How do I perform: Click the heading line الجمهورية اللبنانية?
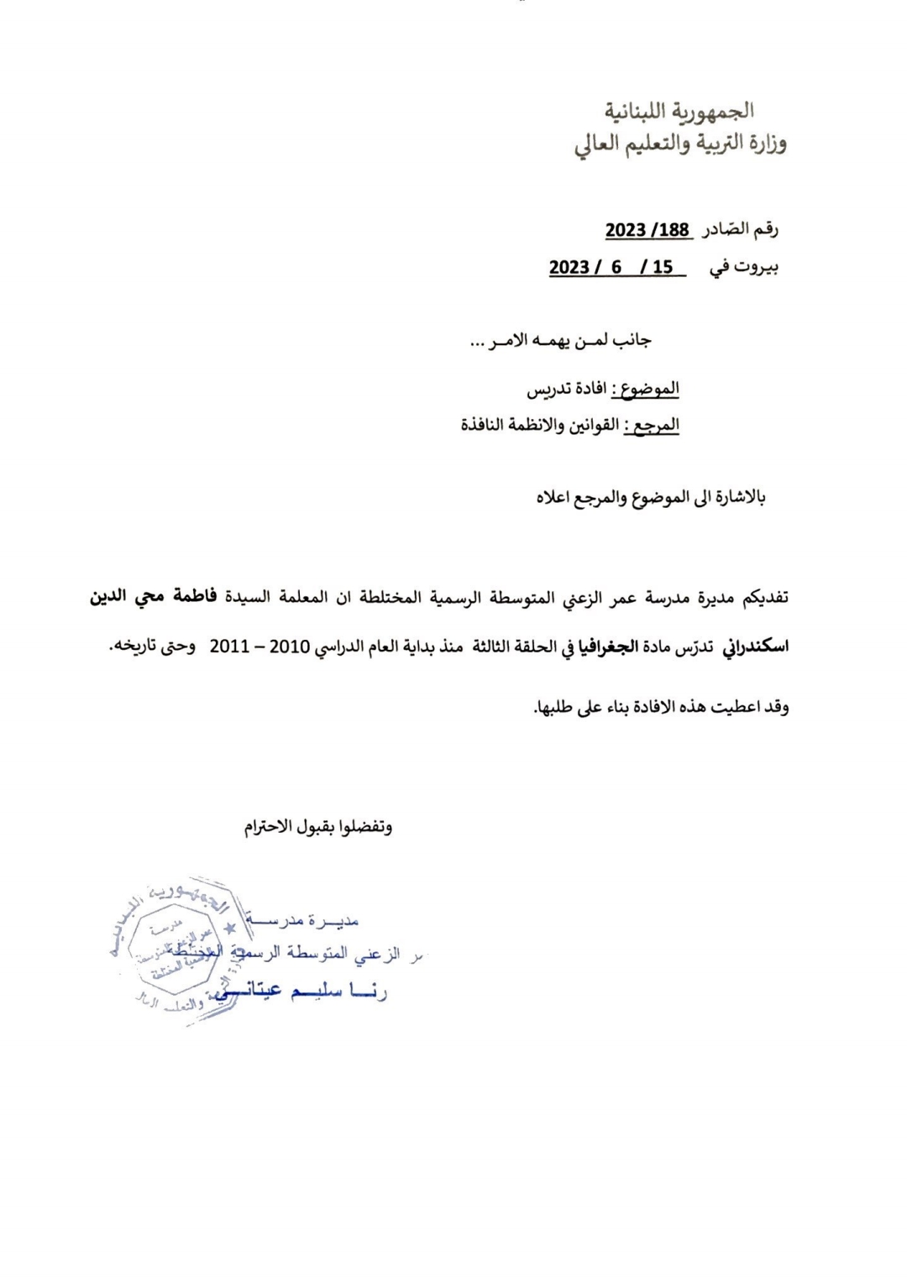click(680, 111)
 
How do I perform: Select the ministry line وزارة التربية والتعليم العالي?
click(680, 145)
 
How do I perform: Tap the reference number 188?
click(672, 231)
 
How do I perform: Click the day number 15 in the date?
click(663, 268)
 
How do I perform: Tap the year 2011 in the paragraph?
click(229, 648)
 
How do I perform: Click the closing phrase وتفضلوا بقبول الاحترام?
click(318, 827)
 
